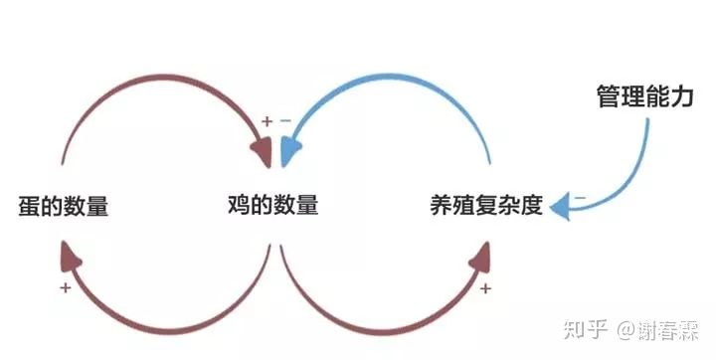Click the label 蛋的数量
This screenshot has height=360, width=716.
(x=63, y=207)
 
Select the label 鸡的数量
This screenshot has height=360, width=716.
(x=272, y=206)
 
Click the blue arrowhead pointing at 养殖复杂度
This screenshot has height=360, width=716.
(x=562, y=207)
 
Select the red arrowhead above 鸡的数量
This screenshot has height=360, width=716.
(x=262, y=152)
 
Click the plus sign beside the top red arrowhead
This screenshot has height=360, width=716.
(x=267, y=121)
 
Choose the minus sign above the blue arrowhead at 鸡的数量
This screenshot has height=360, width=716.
(x=285, y=121)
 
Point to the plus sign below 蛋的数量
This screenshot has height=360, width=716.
(x=65, y=287)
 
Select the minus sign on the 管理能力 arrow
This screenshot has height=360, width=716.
(x=579, y=196)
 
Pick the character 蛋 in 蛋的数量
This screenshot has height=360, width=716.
(x=29, y=207)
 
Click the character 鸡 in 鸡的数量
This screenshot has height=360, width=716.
(x=239, y=206)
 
